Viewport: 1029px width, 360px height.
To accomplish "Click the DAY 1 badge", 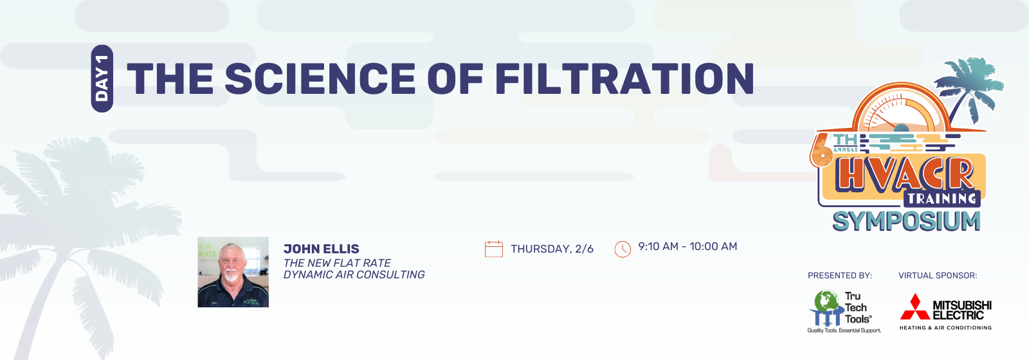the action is pos(102,78).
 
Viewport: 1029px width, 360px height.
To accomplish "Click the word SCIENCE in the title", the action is pos(320,78).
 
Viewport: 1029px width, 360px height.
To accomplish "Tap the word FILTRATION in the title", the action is pos(624,78).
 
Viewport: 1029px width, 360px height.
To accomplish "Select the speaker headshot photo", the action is pos(233,272).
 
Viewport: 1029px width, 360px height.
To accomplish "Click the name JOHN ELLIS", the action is pos(322,249).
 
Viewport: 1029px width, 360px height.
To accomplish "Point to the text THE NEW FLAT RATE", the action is pos(337,263).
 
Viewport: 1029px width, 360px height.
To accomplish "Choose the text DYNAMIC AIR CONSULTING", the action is pos(354,274).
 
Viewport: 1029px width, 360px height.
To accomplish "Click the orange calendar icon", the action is pos(494,249).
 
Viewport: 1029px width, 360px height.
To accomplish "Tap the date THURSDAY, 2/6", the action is pos(552,249).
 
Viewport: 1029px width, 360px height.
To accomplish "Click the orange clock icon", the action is pos(623,249).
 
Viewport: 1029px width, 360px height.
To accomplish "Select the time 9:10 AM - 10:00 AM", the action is pos(688,247).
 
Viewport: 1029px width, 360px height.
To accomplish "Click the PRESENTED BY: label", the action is pos(840,276).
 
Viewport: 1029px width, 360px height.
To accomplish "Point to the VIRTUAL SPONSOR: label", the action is pos(938,276).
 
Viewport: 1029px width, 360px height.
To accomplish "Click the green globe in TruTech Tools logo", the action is pos(828,300).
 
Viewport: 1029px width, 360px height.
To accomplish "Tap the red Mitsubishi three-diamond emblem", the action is pos(915,307).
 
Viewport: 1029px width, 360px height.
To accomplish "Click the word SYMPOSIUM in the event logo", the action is pos(906,222).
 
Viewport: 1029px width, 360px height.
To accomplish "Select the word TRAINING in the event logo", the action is pos(942,199).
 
